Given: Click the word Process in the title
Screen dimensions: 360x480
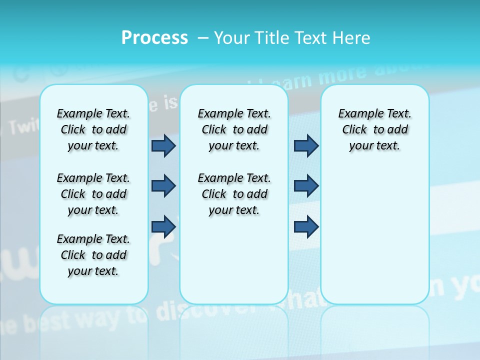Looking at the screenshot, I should [x=154, y=37].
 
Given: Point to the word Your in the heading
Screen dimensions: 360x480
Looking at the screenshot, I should [x=232, y=38].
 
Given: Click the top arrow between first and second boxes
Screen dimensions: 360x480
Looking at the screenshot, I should [x=163, y=145].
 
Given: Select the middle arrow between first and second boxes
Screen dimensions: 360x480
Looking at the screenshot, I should [x=163, y=186].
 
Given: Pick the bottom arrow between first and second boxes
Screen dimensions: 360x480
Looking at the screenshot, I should [x=163, y=227].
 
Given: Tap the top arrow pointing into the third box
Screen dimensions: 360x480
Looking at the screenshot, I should [x=306, y=145].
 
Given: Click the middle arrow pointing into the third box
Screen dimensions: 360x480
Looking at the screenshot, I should [x=306, y=186].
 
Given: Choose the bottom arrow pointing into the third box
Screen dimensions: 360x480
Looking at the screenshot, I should [x=306, y=227].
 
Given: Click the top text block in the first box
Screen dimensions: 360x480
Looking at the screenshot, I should [x=93, y=129].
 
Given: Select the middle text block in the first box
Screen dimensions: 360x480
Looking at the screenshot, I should [x=93, y=194].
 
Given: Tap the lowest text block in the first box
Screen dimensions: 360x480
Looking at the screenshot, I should [x=93, y=255].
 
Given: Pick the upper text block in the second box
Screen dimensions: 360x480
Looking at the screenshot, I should [x=234, y=129].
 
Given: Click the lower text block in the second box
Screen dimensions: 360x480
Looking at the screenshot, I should [x=234, y=194].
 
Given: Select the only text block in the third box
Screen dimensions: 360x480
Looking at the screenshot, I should [x=374, y=129].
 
